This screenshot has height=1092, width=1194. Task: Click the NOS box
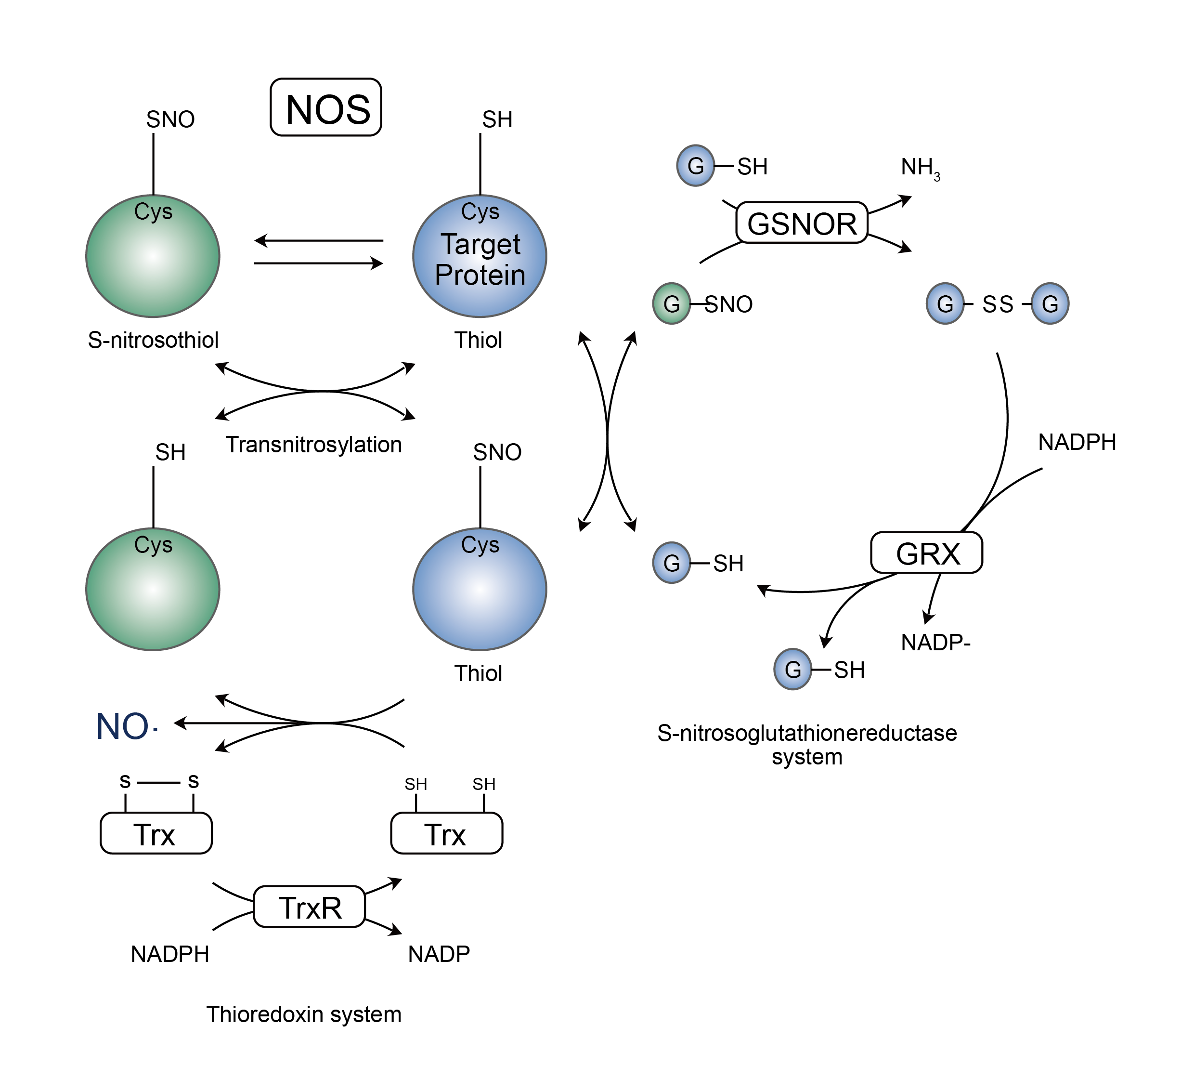tap(326, 107)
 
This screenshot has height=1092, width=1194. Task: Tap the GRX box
tap(926, 553)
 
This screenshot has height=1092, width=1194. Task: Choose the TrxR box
tap(309, 907)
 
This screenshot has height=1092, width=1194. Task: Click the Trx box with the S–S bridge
tap(156, 833)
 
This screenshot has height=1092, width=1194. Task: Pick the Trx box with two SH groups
tap(447, 833)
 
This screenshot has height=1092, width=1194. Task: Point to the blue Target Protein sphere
tap(480, 256)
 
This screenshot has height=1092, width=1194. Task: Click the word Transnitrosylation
tap(314, 445)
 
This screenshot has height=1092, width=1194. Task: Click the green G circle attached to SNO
tap(672, 303)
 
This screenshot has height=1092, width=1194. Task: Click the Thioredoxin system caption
tap(304, 1014)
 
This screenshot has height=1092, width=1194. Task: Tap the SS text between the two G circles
tap(998, 304)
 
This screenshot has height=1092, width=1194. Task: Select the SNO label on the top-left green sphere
tap(170, 119)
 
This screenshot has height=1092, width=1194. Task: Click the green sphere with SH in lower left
tap(153, 589)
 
